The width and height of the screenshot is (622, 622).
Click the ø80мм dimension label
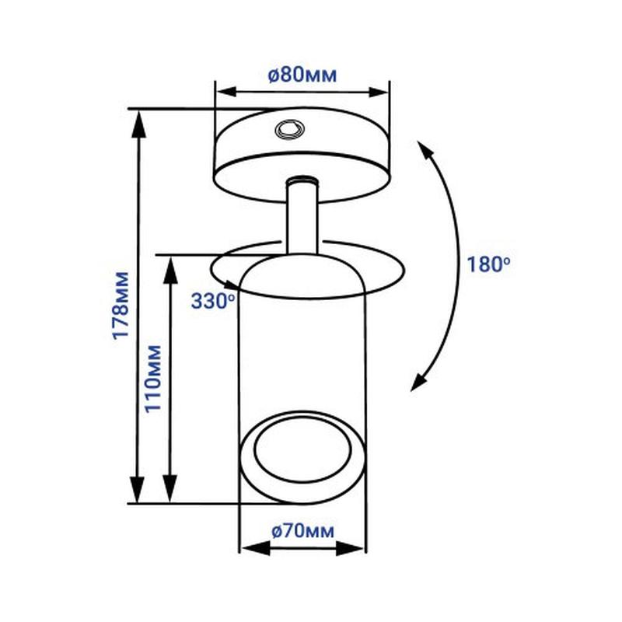click(x=302, y=75)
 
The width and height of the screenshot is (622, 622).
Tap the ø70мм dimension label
click(x=303, y=531)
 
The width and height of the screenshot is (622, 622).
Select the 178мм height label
click(x=121, y=306)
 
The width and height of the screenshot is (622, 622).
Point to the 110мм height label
click(x=153, y=379)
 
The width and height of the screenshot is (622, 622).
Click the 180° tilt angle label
click(x=488, y=264)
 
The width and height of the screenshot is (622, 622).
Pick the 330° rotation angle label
click(x=213, y=301)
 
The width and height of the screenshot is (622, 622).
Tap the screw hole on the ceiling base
click(x=290, y=129)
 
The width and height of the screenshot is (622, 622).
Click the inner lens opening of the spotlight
click(x=302, y=451)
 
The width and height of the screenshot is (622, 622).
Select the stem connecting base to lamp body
click(x=302, y=216)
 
